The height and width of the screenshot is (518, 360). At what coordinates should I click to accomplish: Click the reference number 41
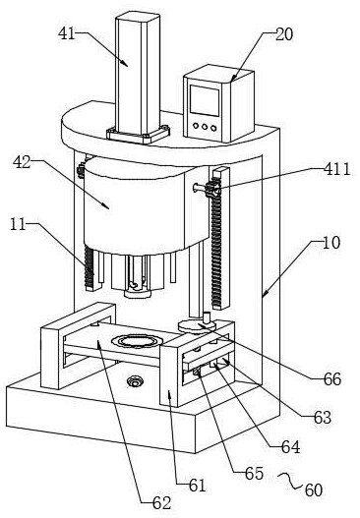(67, 33)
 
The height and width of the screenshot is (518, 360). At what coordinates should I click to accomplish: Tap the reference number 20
(284, 34)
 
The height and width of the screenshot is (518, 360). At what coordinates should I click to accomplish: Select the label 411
(336, 169)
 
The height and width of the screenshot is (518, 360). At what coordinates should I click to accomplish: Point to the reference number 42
(22, 162)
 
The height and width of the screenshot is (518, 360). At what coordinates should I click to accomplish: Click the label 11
(18, 224)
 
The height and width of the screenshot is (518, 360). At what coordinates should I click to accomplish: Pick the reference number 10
(330, 243)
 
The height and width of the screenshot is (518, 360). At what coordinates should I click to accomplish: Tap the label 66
(332, 379)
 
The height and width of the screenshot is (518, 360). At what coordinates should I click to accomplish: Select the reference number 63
(323, 417)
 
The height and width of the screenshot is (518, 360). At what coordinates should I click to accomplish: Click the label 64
(291, 447)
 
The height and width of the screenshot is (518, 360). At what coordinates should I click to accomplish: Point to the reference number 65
(254, 474)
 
